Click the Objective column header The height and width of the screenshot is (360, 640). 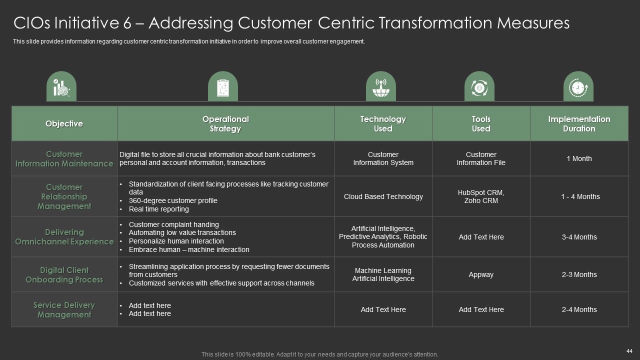64,123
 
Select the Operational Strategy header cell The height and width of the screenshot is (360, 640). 225,123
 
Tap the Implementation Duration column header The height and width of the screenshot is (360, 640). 579,123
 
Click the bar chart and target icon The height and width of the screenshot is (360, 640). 61,87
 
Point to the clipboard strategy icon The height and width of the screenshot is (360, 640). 223,87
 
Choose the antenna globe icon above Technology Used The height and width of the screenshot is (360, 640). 381,87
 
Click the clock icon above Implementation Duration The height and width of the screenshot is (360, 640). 578,87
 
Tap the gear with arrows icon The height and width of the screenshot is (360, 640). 479,87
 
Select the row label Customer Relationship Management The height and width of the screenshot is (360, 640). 64,196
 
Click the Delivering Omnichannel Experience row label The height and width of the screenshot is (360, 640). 64,237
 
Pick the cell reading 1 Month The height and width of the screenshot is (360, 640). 579,158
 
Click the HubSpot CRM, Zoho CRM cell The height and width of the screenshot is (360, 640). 481,196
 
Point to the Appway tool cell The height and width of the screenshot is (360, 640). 481,274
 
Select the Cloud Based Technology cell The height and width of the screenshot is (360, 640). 383,196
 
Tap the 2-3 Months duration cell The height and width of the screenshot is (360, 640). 579,274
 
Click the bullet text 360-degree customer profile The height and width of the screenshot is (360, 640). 173,200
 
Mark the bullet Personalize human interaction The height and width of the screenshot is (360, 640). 176,241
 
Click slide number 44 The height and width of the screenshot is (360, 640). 629,351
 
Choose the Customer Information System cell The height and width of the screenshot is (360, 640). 383,158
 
